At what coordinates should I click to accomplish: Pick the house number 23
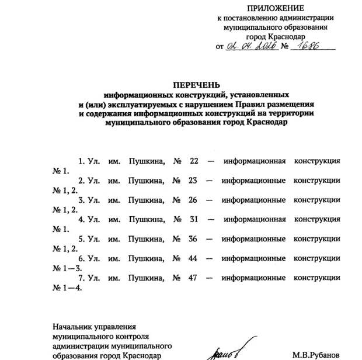(194, 180)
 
